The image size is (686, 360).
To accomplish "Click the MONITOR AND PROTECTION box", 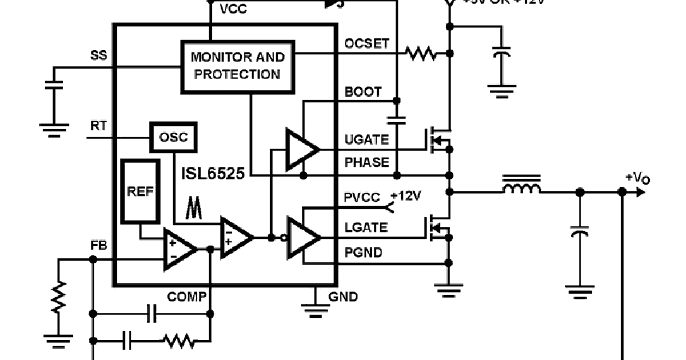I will [x=237, y=66].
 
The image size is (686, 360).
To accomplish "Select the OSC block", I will [x=173, y=137].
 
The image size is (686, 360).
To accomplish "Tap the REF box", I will [x=140, y=192].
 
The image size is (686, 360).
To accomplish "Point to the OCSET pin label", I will [x=366, y=44].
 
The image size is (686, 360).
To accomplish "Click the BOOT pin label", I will [x=363, y=92].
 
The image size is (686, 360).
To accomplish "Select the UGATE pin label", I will [x=366, y=140].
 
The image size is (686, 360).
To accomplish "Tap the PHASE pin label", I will [x=366, y=162].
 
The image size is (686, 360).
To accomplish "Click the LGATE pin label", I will [x=366, y=227].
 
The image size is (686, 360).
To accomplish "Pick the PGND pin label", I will [x=364, y=252].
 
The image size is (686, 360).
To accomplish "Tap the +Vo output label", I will [x=637, y=178].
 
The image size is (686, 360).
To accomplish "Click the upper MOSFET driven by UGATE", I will [x=439, y=139].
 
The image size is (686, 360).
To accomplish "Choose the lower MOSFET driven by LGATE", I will [x=439, y=227].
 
